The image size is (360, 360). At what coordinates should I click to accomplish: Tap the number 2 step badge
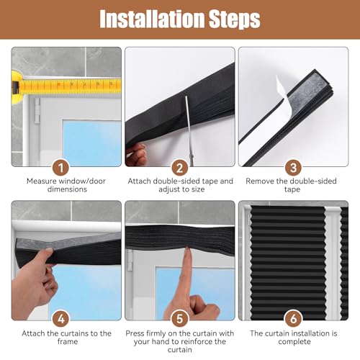180,166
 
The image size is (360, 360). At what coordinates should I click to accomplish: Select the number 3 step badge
293,166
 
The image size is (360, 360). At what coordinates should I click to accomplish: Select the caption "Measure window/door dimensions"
66,185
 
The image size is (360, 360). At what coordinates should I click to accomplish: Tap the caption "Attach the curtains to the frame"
66,338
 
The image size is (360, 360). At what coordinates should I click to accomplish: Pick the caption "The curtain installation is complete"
293,338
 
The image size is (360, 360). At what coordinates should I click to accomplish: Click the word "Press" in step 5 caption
136,333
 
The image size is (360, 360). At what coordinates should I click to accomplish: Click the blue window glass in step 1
90,140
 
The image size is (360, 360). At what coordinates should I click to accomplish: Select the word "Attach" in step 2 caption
143,181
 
